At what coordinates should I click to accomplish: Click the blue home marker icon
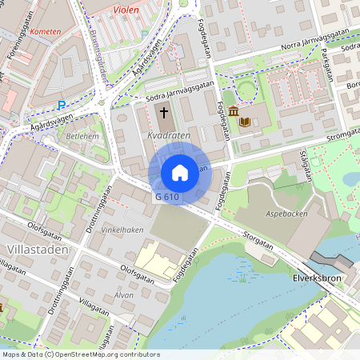pyautogui.click(x=180, y=173)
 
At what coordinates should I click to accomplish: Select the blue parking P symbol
pyautogui.click(x=62, y=105)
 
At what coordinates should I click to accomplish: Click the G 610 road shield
pyautogui.click(x=167, y=197)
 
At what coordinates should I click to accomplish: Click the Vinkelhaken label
pyautogui.click(x=122, y=230)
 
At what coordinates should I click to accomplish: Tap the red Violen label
pyautogui.click(x=126, y=10)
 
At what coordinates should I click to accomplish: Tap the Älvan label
pyautogui.click(x=124, y=294)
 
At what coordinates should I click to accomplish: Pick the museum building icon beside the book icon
pyautogui.click(x=233, y=110)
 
